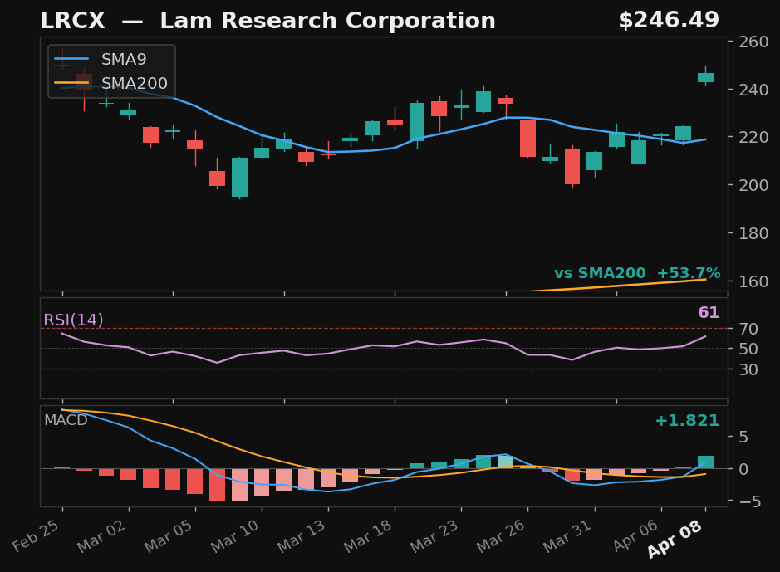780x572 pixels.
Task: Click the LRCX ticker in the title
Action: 72,22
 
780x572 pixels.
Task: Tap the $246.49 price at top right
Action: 668,21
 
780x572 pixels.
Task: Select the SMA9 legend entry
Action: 124,60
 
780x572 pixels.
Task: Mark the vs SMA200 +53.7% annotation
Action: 637,274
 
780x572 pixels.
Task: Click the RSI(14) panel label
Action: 74,320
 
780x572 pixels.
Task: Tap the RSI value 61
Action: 709,313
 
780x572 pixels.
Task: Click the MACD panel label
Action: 66,420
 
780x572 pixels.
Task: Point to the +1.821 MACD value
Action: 687,421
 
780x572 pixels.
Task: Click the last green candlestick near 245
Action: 705,77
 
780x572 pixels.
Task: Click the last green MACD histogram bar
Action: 705,462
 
